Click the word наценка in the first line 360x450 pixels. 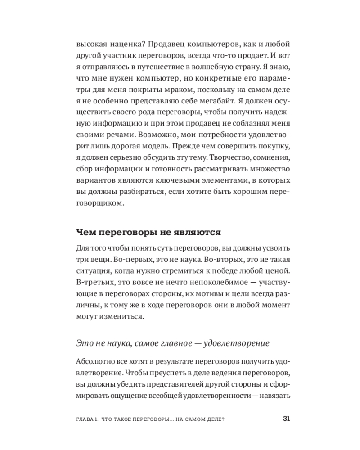[x=123, y=45]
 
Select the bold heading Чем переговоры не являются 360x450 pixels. [x=148, y=233]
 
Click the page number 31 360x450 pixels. [x=286, y=418]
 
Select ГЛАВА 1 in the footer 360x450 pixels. [x=87, y=419]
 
